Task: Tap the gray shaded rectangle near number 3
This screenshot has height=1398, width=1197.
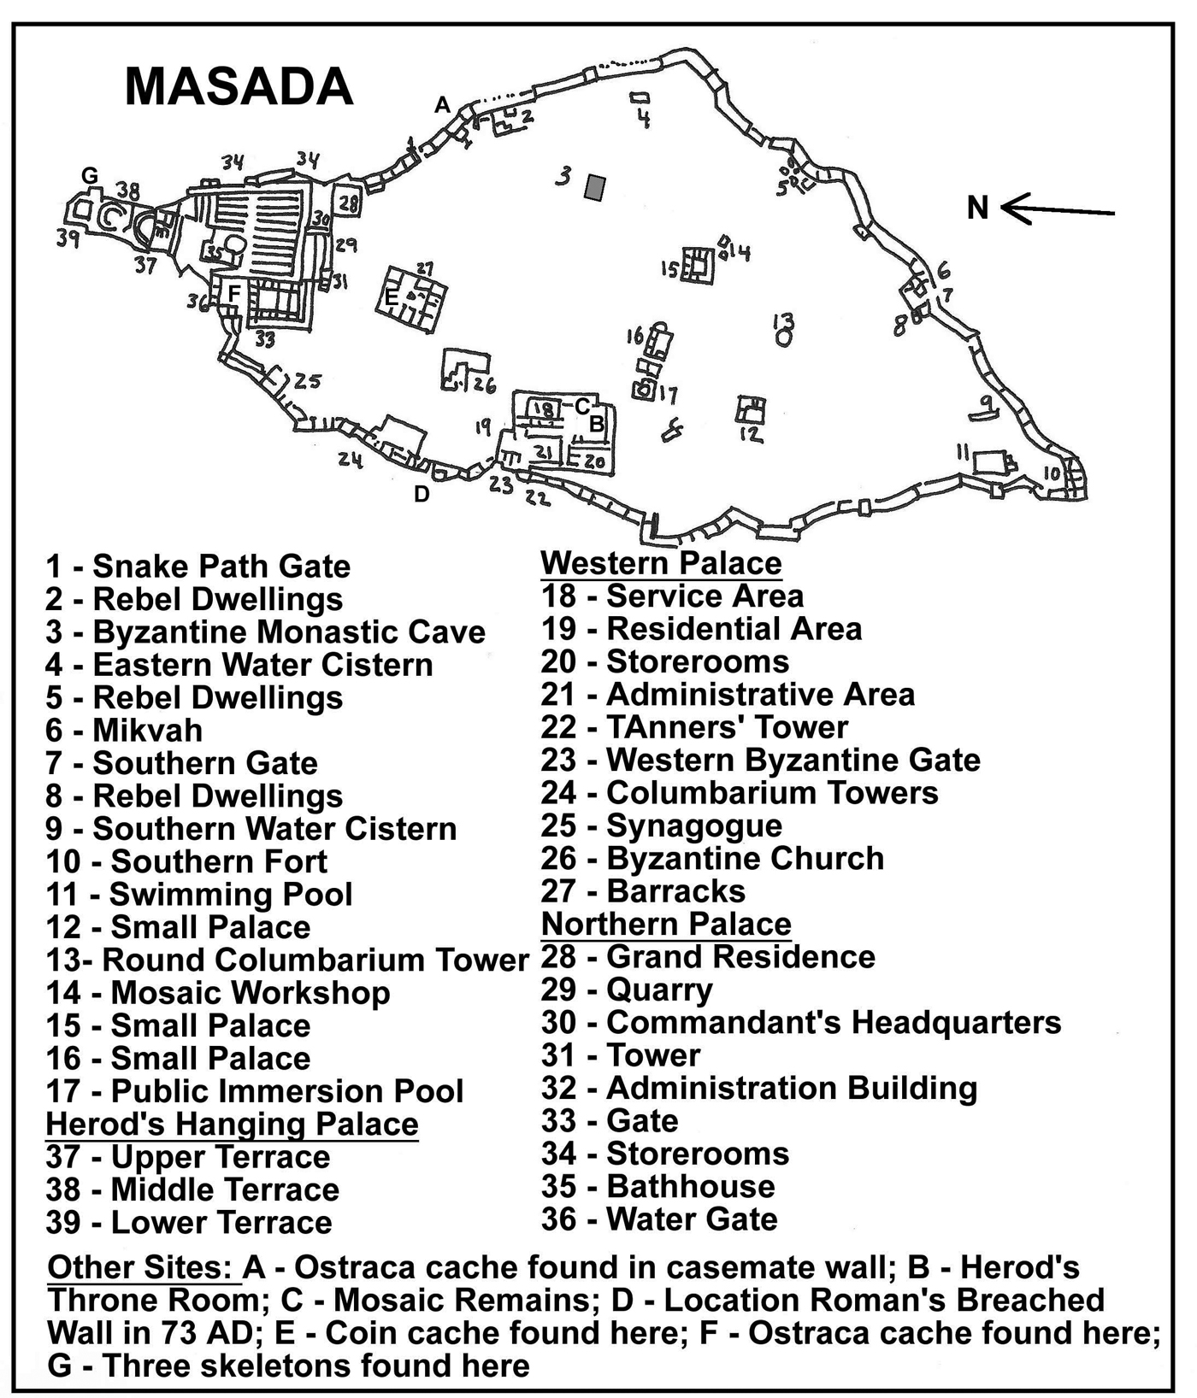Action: tap(595, 187)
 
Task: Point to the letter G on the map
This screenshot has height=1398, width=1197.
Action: tap(90, 176)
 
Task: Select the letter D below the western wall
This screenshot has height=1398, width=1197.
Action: tap(422, 494)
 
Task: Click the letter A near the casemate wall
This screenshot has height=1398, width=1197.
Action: tap(442, 105)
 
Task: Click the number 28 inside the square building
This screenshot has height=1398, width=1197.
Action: tap(348, 203)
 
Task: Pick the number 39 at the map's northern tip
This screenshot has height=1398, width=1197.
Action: tap(68, 238)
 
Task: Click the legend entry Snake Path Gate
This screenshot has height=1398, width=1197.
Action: tap(198, 566)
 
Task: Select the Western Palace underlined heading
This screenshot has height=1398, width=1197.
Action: tap(661, 563)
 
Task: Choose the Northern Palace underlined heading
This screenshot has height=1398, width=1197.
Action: tap(666, 924)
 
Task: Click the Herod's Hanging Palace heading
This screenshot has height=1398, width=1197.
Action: tap(233, 1124)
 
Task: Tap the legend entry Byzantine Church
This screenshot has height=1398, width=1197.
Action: tap(712, 858)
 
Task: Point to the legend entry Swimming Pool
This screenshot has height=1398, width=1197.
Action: tap(199, 895)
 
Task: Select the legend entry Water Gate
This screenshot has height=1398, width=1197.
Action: tap(659, 1219)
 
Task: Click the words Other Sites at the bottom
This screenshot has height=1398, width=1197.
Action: tap(143, 1268)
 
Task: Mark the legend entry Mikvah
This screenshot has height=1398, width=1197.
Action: tap(125, 731)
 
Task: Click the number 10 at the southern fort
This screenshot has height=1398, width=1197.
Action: tap(1052, 473)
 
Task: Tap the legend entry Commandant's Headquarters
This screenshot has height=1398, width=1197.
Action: tap(801, 1022)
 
